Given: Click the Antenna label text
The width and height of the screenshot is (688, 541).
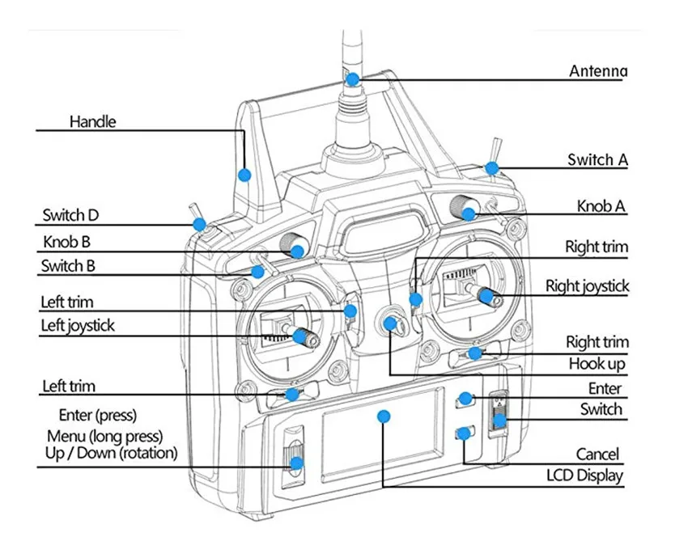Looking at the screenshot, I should (597, 71).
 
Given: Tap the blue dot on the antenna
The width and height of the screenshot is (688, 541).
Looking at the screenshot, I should (353, 79).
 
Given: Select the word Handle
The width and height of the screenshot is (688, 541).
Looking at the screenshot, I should (92, 122).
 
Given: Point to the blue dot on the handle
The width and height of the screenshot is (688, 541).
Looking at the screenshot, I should (244, 175).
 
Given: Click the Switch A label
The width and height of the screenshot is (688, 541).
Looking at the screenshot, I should (597, 160).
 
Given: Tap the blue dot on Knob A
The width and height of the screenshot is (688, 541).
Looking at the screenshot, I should (469, 214).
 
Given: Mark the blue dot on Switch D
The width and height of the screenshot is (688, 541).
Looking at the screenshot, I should (200, 224).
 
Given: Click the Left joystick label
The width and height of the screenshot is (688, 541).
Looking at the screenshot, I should (78, 326).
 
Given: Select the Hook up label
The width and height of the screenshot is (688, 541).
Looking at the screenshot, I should (597, 364).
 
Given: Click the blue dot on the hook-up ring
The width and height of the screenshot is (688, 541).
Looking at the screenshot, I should (392, 324).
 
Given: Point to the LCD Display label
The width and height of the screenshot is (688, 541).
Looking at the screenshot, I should (584, 475).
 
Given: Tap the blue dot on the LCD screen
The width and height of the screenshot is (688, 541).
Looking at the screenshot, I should (384, 416).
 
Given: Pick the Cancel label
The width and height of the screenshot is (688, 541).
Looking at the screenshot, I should (597, 454).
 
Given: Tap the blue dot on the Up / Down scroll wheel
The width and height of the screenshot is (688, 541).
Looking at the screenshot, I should (296, 464).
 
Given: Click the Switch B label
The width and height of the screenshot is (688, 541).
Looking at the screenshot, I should (73, 265).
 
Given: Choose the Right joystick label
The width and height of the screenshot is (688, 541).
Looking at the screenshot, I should (587, 285).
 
